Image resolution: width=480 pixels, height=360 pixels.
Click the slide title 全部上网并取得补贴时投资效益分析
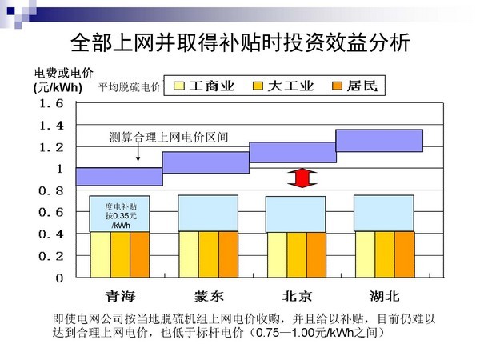pos(240,42)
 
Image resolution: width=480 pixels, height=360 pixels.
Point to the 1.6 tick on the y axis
pos(48,104)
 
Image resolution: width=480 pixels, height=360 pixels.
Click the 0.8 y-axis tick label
pos(48,190)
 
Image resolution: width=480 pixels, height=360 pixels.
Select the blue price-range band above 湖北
pos(379,140)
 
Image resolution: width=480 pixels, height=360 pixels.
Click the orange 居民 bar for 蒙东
pos(229,254)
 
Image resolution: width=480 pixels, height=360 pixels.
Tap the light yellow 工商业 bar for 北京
pos(277,254)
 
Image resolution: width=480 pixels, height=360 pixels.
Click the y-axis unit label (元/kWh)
pos(58,87)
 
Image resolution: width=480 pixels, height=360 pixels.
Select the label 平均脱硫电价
pos(130,86)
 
